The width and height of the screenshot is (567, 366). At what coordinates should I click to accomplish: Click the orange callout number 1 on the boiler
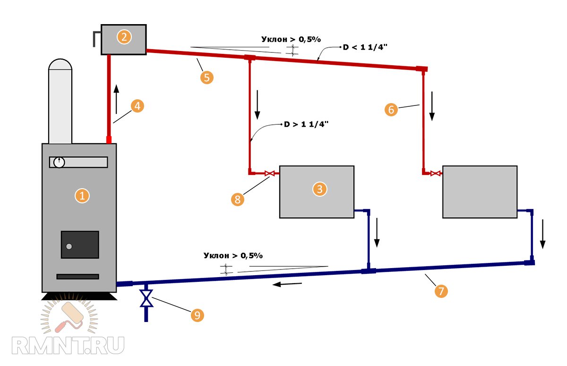click(83, 196)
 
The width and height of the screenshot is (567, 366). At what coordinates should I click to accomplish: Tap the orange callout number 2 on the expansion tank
click(124, 37)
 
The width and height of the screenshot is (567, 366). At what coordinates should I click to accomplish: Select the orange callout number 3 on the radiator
click(320, 189)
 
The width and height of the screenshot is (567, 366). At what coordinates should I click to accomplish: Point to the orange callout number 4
click(137, 106)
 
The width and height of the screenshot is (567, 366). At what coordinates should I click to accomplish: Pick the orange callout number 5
click(207, 77)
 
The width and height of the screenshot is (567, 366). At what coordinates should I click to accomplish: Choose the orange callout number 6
click(391, 110)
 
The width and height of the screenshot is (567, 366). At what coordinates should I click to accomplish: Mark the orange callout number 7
click(441, 291)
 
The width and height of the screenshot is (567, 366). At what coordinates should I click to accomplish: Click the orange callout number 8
click(238, 200)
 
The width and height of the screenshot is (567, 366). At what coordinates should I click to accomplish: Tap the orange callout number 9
click(197, 315)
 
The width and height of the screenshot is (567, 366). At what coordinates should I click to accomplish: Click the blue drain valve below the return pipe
click(146, 299)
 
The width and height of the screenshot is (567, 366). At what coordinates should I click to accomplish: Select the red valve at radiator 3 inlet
click(270, 174)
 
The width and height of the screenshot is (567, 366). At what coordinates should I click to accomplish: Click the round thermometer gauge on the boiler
click(59, 162)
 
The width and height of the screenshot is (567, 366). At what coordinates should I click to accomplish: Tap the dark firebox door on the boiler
click(79, 244)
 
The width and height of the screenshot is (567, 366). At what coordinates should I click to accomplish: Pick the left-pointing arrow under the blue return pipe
click(288, 284)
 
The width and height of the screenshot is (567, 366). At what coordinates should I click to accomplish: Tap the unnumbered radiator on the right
click(480, 192)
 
